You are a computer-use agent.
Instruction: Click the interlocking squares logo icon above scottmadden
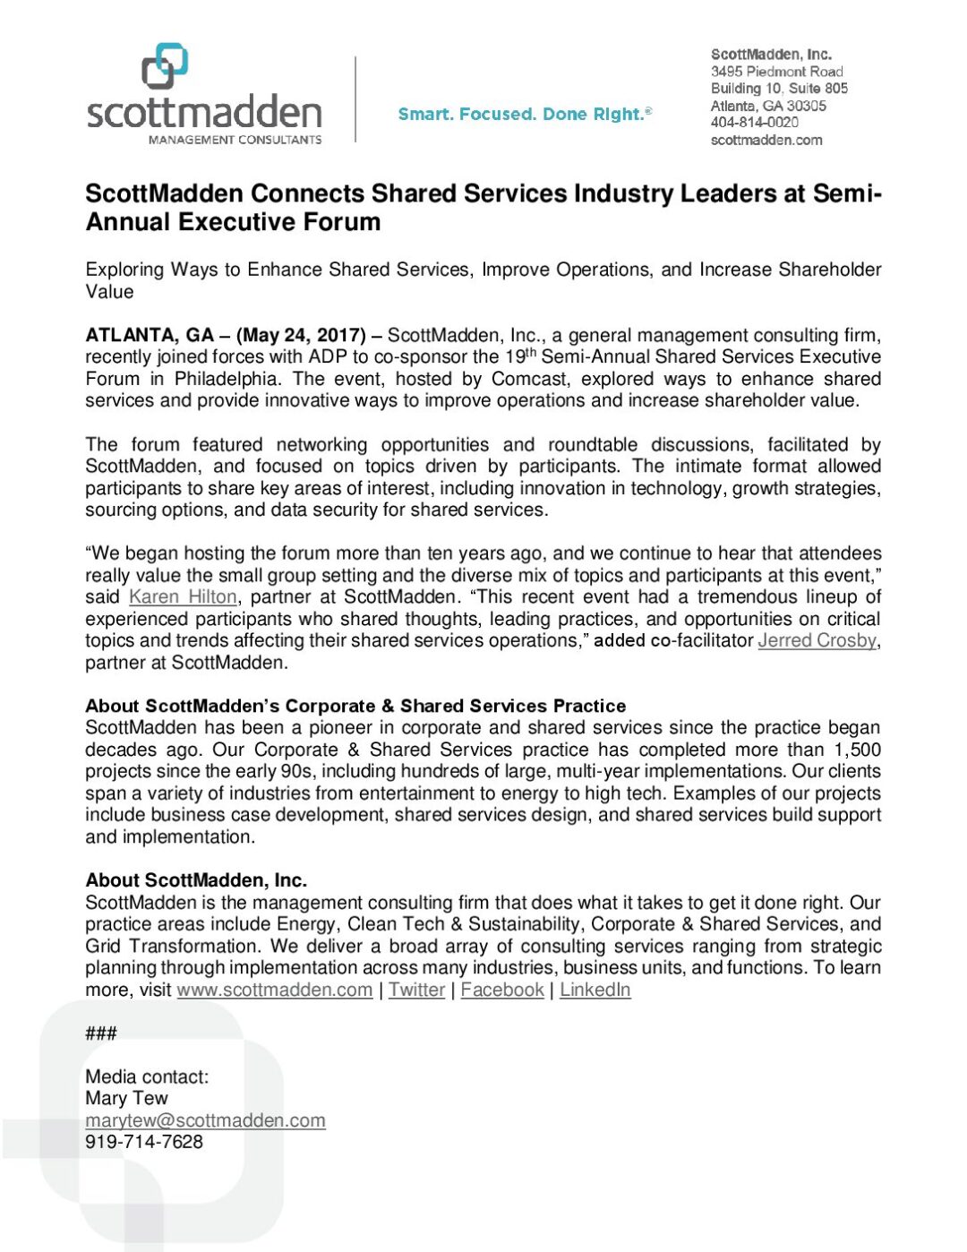pyautogui.click(x=165, y=66)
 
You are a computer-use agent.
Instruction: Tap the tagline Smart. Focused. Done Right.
pyautogui.click(x=524, y=114)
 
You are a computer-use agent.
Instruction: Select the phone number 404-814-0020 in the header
pyautogui.click(x=754, y=123)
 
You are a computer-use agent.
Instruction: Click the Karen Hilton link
pyautogui.click(x=183, y=597)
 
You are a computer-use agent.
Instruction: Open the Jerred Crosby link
pyautogui.click(x=817, y=640)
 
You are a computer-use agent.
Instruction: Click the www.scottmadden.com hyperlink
pyautogui.click(x=274, y=990)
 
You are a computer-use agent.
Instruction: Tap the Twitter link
pyautogui.click(x=416, y=990)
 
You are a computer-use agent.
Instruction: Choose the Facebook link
pyautogui.click(x=502, y=990)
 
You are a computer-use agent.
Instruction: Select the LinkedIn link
pyautogui.click(x=595, y=990)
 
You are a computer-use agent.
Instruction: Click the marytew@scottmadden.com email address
pyautogui.click(x=205, y=1120)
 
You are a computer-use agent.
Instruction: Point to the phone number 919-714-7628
pyautogui.click(x=144, y=1142)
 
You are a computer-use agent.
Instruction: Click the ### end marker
pyautogui.click(x=101, y=1033)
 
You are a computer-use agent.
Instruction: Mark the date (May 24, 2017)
pyautogui.click(x=301, y=336)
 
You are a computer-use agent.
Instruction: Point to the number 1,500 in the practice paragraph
pyautogui.click(x=857, y=750)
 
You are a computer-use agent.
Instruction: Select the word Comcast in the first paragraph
pyautogui.click(x=529, y=379)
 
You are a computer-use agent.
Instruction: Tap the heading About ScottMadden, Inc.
pyautogui.click(x=196, y=880)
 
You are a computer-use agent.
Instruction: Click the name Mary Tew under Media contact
pyautogui.click(x=126, y=1099)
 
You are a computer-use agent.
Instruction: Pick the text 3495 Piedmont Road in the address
pyautogui.click(x=776, y=72)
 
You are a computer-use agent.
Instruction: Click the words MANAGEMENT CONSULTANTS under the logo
pyautogui.click(x=235, y=140)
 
